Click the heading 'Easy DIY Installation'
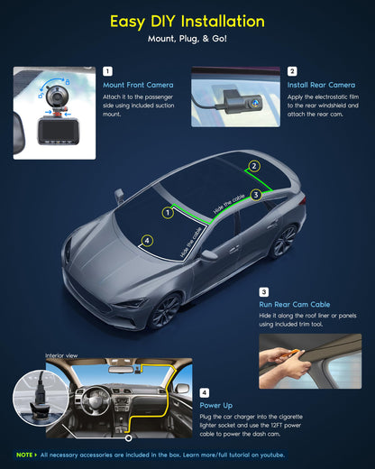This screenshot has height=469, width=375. [x=187, y=21]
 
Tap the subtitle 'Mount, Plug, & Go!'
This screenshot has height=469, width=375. [x=187, y=40]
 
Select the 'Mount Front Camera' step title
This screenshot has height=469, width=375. [x=138, y=86]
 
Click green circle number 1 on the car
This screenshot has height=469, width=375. [x=167, y=213]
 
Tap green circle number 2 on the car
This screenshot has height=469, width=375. [x=254, y=166]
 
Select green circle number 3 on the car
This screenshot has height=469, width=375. [x=256, y=194]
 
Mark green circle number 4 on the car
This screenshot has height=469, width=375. [x=147, y=241]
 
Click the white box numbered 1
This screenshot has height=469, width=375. [x=108, y=70]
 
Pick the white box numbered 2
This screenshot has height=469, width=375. [x=292, y=70]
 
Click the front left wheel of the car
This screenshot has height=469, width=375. [x=167, y=311]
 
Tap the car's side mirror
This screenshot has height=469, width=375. [x=210, y=255]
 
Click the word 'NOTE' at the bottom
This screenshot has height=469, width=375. [x=25, y=455]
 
